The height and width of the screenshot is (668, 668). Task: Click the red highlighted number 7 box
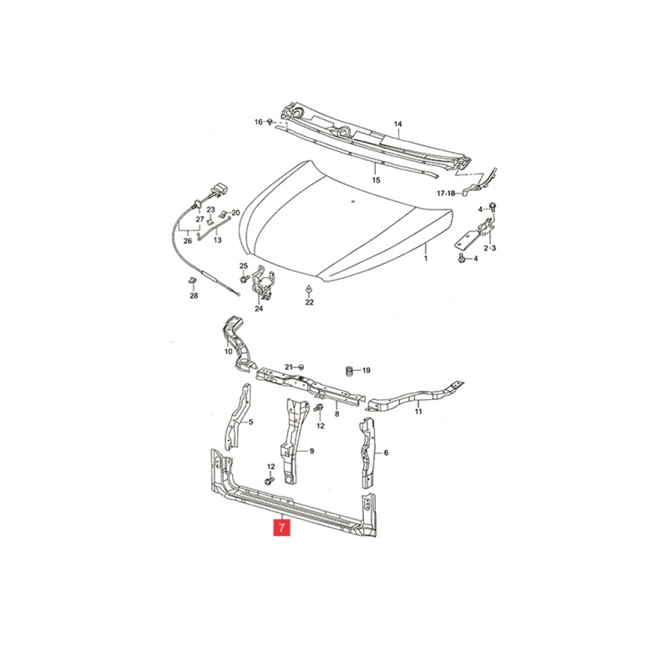point(281,526)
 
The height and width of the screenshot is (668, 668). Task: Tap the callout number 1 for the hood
point(425,258)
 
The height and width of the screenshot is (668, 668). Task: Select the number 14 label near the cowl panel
point(397,124)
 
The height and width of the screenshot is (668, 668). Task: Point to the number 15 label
point(375,180)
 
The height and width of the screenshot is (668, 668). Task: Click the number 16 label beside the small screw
point(258,122)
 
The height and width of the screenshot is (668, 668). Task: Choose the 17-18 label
point(446,193)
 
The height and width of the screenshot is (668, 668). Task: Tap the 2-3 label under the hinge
point(489,247)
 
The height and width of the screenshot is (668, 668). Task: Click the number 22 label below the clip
point(309,302)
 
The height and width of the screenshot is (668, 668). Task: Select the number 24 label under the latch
point(258,309)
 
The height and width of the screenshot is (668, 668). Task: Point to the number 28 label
point(194,296)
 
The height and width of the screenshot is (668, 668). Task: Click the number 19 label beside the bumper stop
point(366,371)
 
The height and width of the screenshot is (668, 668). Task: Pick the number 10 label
point(228,352)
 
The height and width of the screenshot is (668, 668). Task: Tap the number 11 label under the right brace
point(418,411)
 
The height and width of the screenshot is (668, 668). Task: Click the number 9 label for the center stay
point(311,451)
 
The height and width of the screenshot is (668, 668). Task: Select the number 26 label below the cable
point(187,241)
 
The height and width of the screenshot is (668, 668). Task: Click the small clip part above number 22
point(309,289)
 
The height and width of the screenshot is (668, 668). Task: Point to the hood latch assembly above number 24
point(264,281)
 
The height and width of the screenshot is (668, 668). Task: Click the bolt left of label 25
point(245,279)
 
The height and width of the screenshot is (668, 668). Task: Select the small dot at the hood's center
point(353,201)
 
